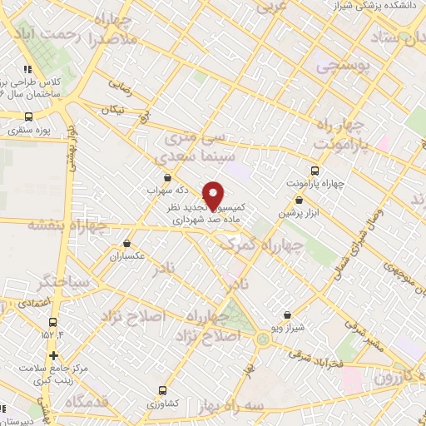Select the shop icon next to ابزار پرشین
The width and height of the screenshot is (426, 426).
[299, 200]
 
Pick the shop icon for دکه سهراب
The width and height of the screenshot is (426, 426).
[168, 177]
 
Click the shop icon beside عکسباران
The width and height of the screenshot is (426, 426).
[126, 244]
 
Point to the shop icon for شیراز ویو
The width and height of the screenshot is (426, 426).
[287, 315]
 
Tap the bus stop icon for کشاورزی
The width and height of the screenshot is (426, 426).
[162, 389]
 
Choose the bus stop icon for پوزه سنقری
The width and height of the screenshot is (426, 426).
[29, 117]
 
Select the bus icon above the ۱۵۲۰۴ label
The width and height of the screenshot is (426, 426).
[53, 322]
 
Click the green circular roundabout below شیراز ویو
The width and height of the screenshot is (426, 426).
[263, 337]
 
